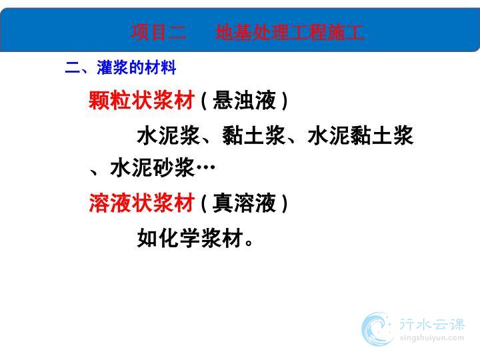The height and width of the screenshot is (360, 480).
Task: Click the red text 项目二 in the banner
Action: (x=159, y=33)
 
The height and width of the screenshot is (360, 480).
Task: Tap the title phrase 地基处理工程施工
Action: (x=289, y=33)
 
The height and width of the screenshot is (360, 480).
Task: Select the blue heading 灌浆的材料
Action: (x=137, y=67)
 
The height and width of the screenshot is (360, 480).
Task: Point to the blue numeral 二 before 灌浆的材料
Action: (x=73, y=67)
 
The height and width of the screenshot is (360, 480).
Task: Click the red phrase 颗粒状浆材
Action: (x=141, y=100)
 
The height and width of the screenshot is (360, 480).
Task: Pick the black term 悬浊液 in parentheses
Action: (x=244, y=100)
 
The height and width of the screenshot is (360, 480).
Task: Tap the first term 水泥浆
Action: (x=169, y=135)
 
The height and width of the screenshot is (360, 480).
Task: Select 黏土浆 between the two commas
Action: (x=254, y=135)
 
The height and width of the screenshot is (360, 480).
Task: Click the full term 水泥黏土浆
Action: (x=361, y=135)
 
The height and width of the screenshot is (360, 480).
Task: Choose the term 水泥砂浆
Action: (x=152, y=168)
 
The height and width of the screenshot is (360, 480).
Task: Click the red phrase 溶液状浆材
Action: (x=141, y=203)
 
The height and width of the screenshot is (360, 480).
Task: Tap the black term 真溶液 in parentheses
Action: (x=244, y=203)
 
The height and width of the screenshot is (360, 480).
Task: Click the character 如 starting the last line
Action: (x=147, y=238)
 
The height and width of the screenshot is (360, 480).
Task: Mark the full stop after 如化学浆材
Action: (x=249, y=243)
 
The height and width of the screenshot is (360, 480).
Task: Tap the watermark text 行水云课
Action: (x=432, y=325)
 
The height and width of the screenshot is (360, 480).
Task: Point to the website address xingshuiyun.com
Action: (x=432, y=338)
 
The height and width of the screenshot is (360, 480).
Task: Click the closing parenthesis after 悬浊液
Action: (x=285, y=101)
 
